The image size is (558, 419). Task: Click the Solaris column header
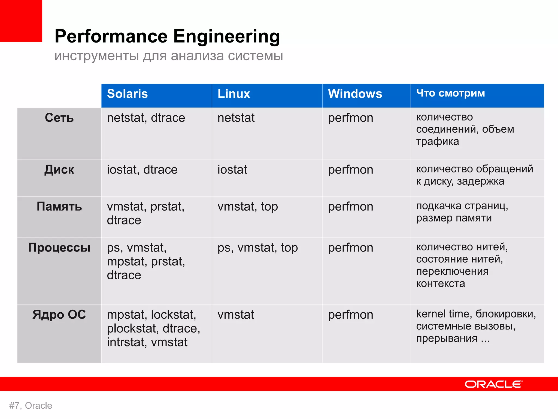pos(127,94)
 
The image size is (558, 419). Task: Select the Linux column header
pos(233,94)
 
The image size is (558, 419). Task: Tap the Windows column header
pos(355,94)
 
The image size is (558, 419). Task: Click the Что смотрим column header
pos(450,93)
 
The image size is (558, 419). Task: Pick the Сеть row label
pos(59,118)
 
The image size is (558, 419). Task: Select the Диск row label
pos(59,170)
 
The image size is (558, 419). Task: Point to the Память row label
pos(59,206)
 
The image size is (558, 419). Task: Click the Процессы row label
pos(59,248)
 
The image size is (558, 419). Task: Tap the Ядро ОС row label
pos(59,315)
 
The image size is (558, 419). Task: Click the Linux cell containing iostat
pos(232,170)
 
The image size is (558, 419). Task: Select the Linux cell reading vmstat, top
pos(247,206)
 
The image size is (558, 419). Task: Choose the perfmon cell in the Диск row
pos(350,170)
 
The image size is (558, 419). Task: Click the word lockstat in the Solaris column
pos(173,315)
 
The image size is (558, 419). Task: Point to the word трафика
pos(437,141)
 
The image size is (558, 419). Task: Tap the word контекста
pos(440,284)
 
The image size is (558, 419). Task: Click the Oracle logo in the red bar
pos(493,384)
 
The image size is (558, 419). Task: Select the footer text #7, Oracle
pos(31,406)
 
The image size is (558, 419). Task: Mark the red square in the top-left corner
pos(21,21)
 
